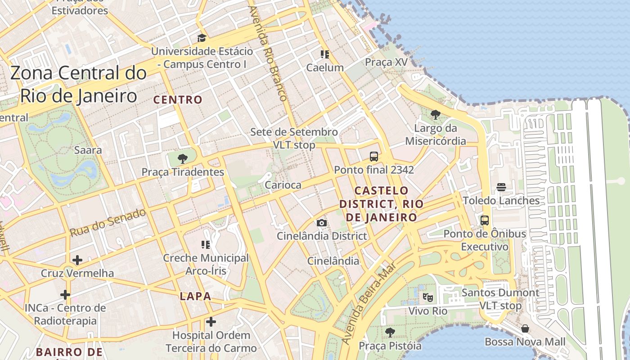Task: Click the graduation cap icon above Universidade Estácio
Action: click(202, 38)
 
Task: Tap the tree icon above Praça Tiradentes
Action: click(182, 158)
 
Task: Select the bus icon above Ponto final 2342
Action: click(373, 157)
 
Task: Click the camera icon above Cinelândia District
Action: click(322, 223)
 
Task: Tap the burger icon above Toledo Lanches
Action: click(501, 187)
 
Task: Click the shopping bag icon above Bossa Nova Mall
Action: click(525, 328)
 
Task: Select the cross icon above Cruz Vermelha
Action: click(77, 260)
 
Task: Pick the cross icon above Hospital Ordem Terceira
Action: click(211, 322)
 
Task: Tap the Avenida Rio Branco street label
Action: click(268, 53)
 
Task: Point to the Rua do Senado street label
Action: click(108, 223)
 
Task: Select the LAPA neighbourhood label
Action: click(195, 296)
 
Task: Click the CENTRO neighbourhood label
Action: click(178, 100)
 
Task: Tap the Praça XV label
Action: click(386, 62)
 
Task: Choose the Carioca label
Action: click(283, 185)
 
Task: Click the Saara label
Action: click(88, 150)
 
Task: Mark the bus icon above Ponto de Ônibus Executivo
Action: click(485, 220)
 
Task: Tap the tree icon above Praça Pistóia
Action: click(390, 333)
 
